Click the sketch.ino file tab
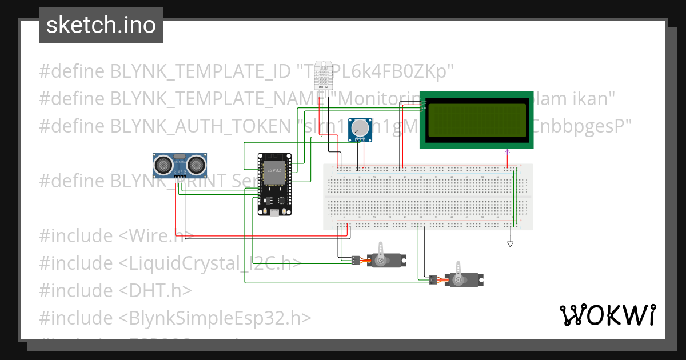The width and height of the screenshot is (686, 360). pos(101,25)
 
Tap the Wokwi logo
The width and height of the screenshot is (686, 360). pos(607,315)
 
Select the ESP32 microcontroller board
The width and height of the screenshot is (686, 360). pos(274,184)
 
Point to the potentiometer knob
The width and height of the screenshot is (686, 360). pos(360,127)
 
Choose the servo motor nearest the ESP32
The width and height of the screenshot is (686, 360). pos(386,261)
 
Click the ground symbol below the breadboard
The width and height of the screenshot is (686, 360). pos(510,244)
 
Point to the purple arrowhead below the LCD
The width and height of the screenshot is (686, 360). pos(506,151)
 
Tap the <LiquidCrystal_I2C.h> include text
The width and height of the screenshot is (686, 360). pos(210,263)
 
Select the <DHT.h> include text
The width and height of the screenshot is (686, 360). pos(155,291)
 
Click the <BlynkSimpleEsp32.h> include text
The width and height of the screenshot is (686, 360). pos(216,318)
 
